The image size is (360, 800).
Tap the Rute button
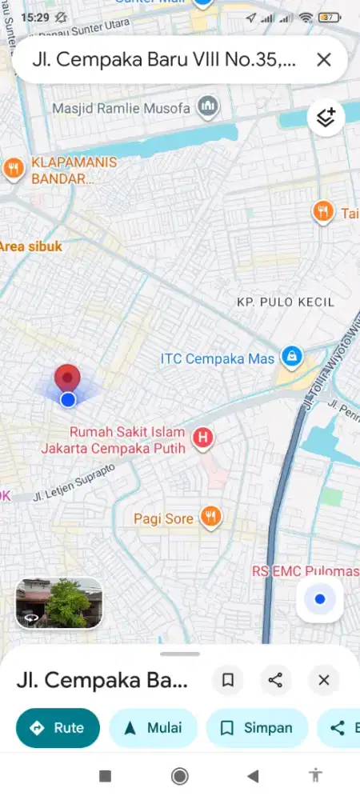click(x=58, y=728)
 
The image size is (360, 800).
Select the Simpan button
click(x=257, y=728)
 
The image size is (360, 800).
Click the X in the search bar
click(x=324, y=59)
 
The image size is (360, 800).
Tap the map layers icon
click(x=326, y=118)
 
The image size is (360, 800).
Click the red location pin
click(x=67, y=379)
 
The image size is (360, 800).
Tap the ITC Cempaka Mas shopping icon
click(x=292, y=358)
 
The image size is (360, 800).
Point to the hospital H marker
click(x=205, y=438)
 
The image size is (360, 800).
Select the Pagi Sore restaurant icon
click(x=210, y=518)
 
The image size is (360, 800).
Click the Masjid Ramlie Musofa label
click(x=124, y=107)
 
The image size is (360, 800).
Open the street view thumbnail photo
click(x=58, y=602)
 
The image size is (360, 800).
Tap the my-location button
click(x=320, y=599)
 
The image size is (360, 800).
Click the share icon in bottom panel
click(x=275, y=680)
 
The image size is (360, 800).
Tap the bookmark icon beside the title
click(x=228, y=680)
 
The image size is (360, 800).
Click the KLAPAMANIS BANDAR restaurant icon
click(x=13, y=168)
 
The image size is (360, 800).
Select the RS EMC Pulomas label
click(x=305, y=571)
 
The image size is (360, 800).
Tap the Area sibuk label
click(x=30, y=246)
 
